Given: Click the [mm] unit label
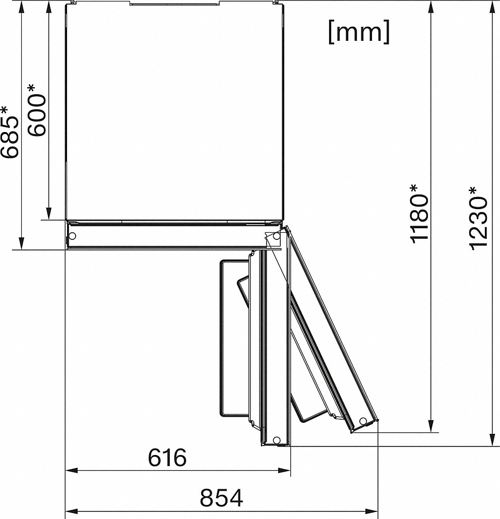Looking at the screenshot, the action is (x=359, y=32).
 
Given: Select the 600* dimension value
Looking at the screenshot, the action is (x=36, y=110).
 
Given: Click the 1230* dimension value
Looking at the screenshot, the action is (x=478, y=219).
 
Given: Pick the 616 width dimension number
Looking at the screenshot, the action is (x=167, y=458).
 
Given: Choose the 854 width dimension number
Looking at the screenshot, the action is (x=221, y=497).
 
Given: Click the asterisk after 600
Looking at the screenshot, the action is (x=31, y=89).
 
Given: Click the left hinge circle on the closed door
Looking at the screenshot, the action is (x=72, y=236).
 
